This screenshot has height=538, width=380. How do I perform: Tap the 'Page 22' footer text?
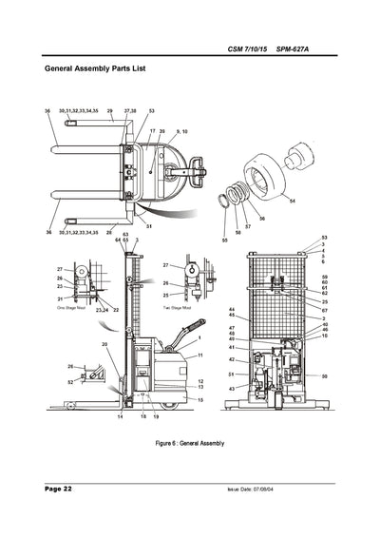click(58, 488)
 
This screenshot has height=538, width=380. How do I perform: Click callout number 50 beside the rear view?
click(324, 376)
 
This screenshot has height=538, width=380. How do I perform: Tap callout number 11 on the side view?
click(200, 355)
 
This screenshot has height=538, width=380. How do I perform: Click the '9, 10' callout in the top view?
click(182, 131)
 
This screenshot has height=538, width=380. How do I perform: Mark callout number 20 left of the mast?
click(105, 344)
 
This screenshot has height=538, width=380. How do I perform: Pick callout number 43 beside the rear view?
click(231, 389)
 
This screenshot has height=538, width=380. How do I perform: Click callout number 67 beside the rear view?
click(324, 311)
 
